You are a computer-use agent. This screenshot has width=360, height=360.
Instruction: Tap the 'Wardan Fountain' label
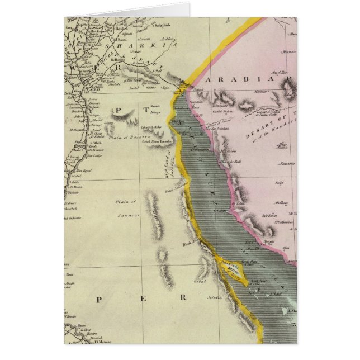219,130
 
